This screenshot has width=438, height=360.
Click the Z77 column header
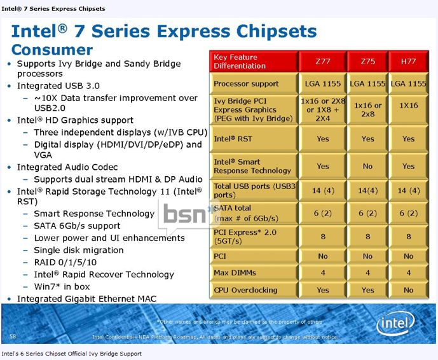(323, 62)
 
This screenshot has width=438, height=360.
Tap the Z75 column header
(367, 62)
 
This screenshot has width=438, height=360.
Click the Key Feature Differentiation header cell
(254, 62)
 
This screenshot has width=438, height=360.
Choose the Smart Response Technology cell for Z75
(367, 166)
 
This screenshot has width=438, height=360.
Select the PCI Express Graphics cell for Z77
(323, 110)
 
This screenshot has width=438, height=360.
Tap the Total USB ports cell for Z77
(323, 191)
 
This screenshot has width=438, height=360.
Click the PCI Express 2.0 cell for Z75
(367, 236)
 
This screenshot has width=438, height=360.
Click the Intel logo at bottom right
(397, 324)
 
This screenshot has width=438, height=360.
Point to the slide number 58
(13, 335)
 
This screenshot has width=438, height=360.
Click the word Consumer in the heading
(52, 50)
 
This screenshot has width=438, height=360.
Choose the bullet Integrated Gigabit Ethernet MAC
(86, 298)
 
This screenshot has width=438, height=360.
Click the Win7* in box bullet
(62, 286)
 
